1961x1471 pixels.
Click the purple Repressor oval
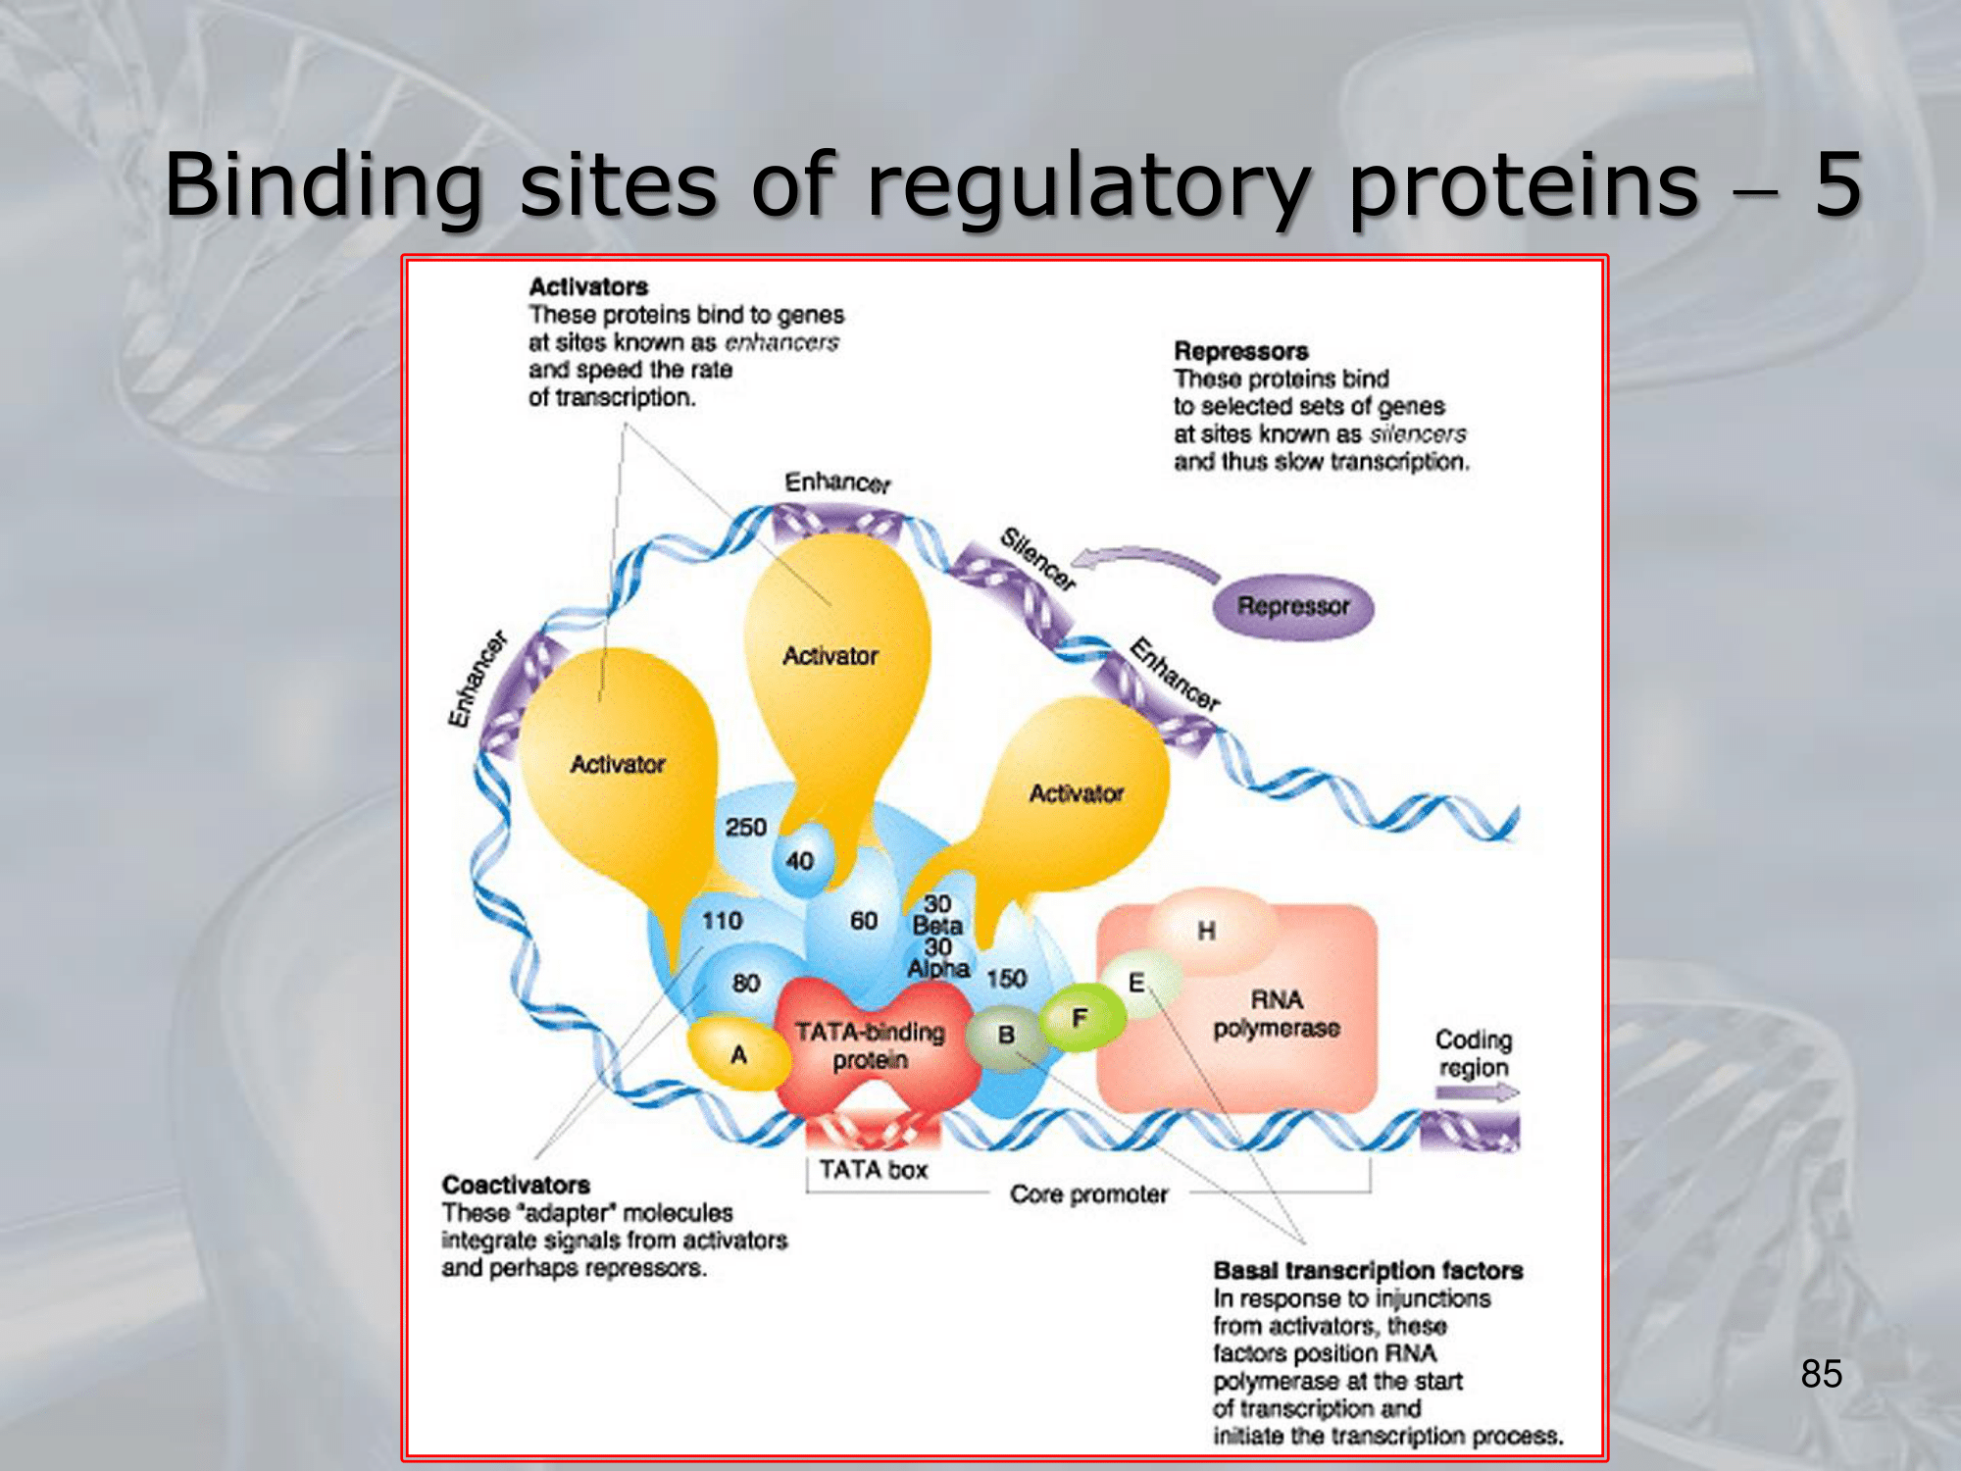1292,607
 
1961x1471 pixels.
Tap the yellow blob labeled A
737,1054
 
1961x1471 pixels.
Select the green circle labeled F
1081,1018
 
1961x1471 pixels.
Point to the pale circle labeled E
1137,982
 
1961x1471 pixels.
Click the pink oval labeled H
1207,930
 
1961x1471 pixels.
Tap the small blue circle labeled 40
800,861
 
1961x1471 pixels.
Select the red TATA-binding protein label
870,1045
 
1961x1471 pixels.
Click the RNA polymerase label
1277,1013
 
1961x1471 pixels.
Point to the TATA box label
873,1169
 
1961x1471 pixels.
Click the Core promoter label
1088,1193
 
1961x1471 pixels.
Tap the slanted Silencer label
1037,558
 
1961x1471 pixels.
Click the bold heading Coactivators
516,1185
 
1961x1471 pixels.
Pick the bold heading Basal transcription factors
1368,1270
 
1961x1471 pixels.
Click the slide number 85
1821,1373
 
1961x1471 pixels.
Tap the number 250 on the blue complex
745,827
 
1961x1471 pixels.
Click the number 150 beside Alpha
1006,978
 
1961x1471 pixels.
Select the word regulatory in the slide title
1088,186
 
